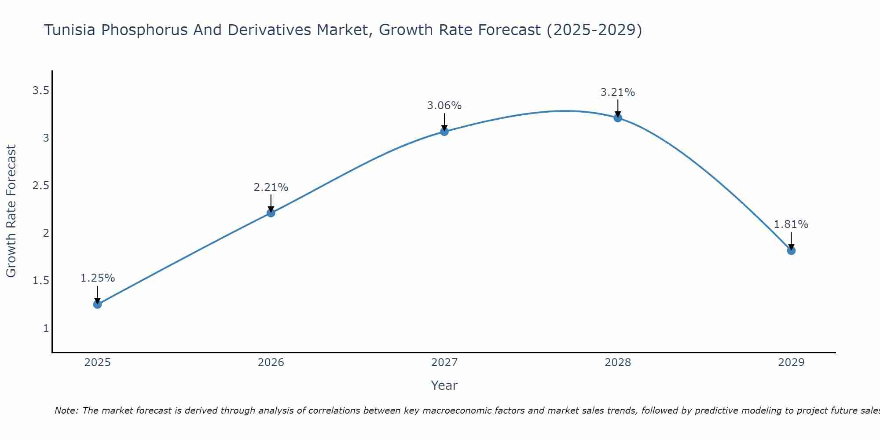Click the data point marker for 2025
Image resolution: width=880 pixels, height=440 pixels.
(98, 304)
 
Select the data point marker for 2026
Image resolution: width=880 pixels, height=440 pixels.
(271, 213)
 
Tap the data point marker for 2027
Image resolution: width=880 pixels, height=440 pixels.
(444, 131)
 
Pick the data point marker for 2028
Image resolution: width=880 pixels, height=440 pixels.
(618, 117)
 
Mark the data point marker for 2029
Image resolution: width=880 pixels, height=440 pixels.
(791, 250)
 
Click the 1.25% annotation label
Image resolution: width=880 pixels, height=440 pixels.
(98, 278)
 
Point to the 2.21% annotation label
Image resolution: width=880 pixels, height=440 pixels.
(271, 187)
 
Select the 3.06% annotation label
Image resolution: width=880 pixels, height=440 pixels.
(444, 106)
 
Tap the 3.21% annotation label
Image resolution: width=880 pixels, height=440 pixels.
(618, 92)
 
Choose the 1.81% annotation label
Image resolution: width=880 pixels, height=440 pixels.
(791, 224)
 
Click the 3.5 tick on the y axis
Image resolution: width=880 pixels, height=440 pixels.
(40, 91)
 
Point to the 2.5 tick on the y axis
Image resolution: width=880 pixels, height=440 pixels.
(40, 186)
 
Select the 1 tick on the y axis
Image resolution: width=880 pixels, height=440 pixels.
(46, 328)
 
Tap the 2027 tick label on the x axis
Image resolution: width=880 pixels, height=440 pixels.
(444, 363)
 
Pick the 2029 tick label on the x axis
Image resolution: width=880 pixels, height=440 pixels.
(791, 363)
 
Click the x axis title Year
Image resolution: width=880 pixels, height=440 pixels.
(444, 385)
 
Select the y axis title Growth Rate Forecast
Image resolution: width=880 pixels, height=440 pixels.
(11, 211)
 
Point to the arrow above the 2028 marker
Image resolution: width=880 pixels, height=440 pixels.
(618, 108)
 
